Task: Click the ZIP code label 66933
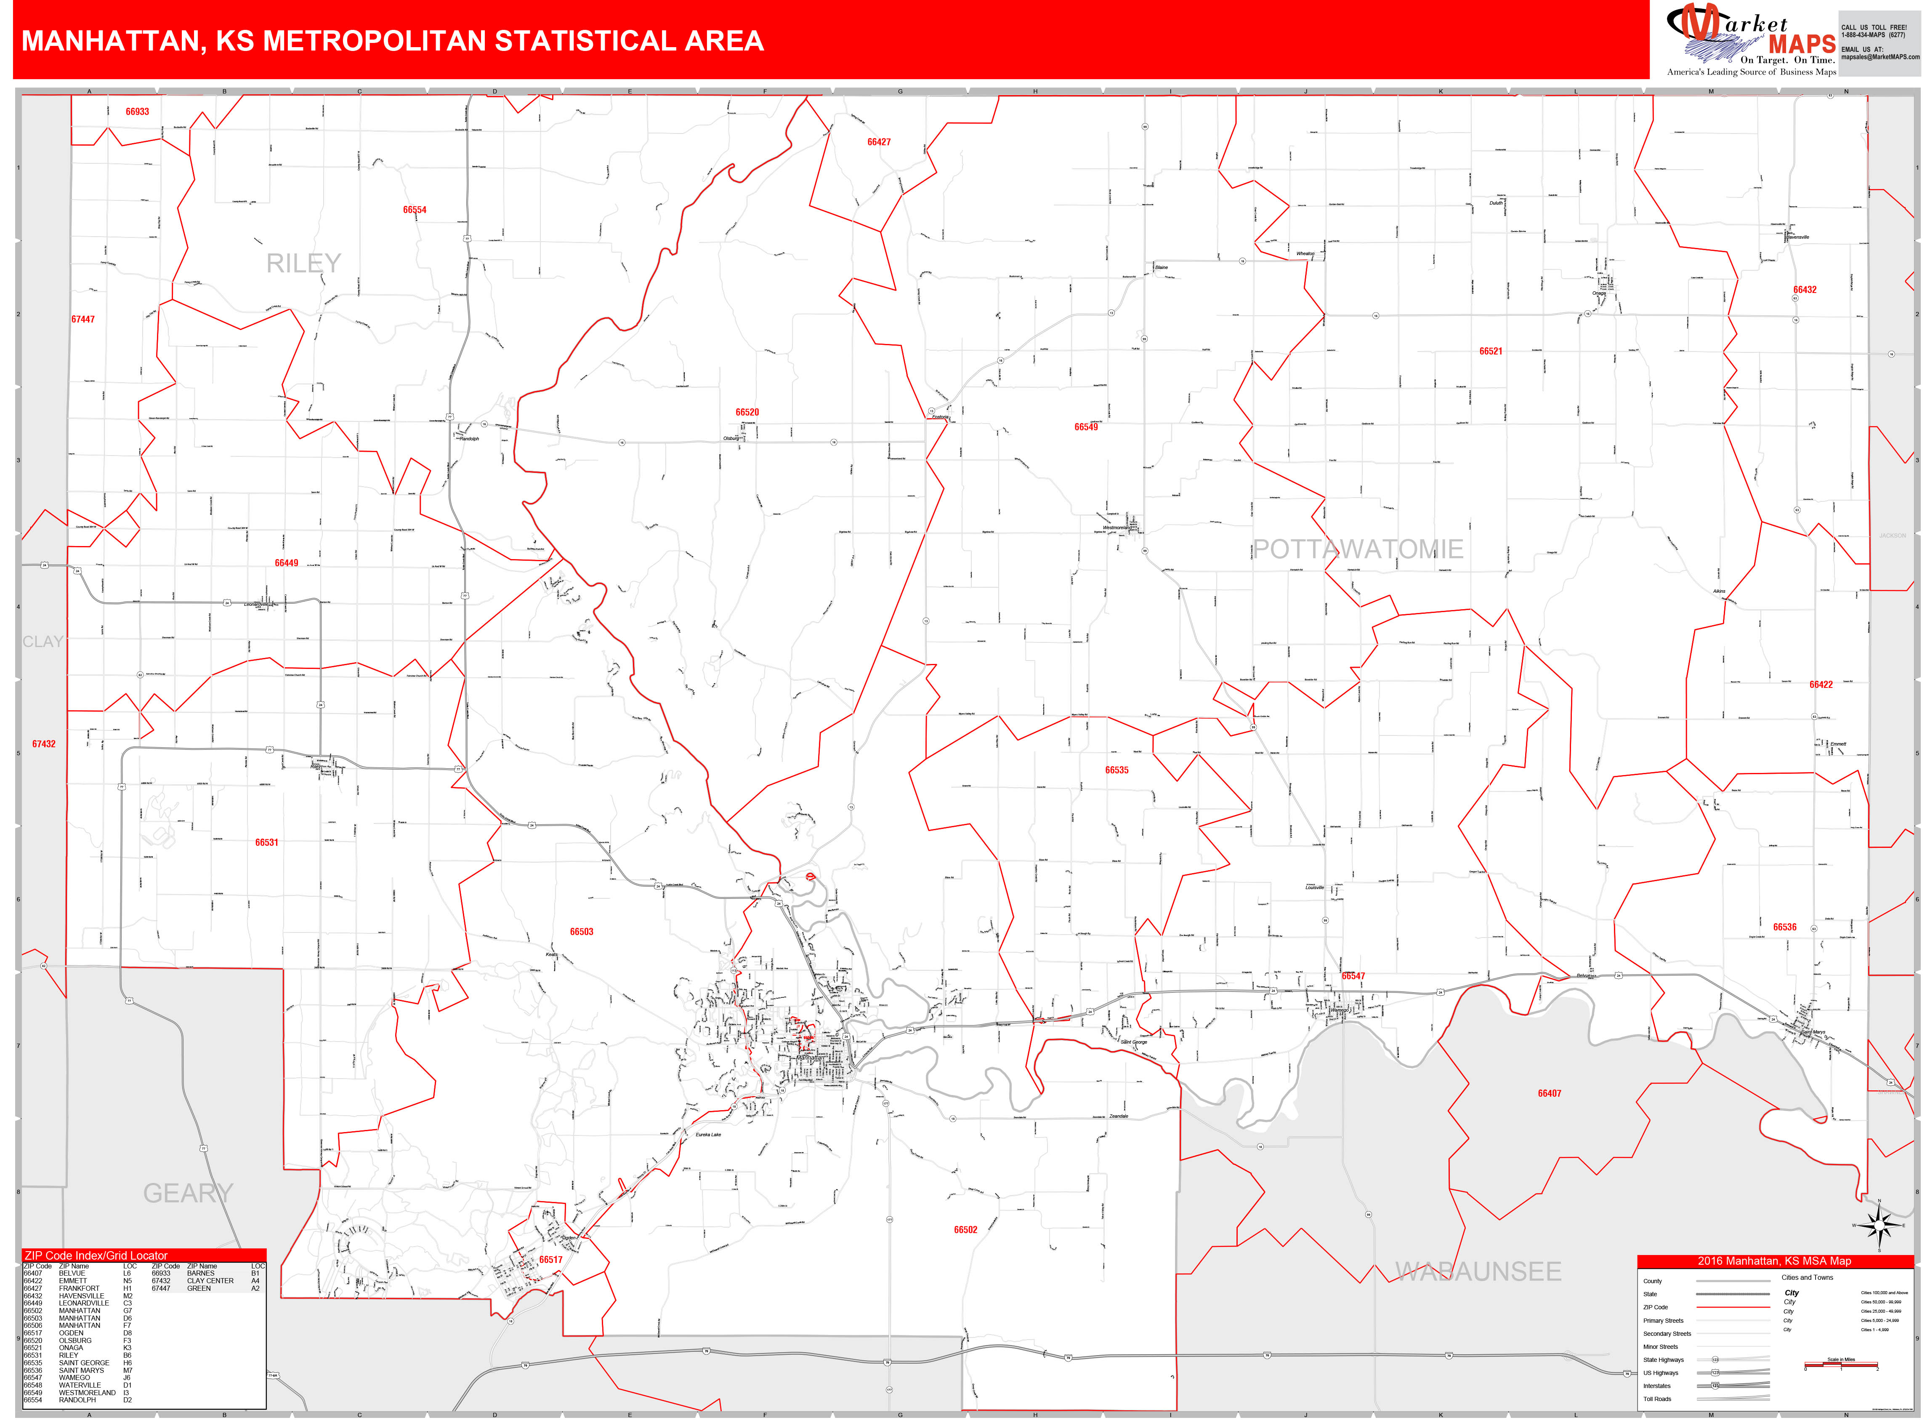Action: click(138, 112)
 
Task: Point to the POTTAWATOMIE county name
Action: click(1358, 549)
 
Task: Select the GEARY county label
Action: click(188, 1193)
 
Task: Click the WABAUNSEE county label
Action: click(1478, 1271)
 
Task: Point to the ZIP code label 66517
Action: click(551, 1260)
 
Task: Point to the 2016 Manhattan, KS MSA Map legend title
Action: click(1774, 1261)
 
